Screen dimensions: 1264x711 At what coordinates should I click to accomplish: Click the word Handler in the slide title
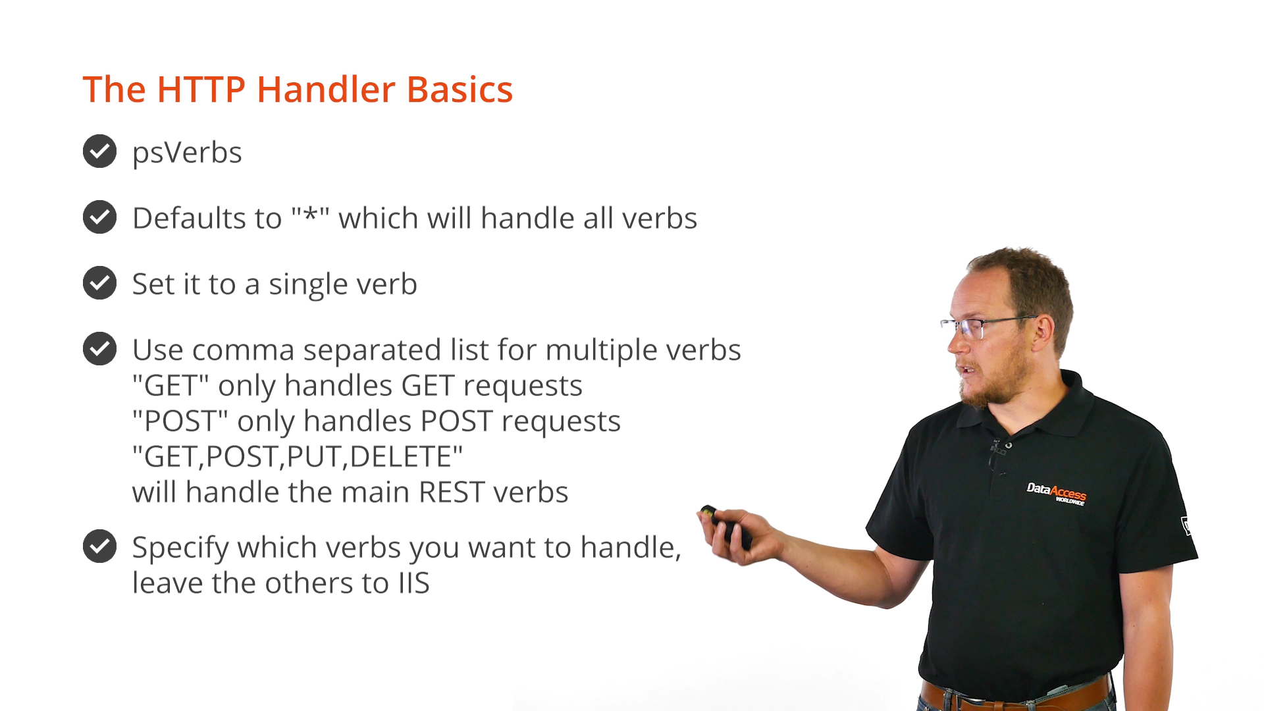click(x=326, y=90)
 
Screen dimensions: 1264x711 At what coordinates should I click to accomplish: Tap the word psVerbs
click(x=187, y=153)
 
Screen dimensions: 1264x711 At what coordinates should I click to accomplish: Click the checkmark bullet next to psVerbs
click(x=100, y=151)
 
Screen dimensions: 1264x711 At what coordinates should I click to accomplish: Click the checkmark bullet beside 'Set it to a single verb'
click(x=100, y=283)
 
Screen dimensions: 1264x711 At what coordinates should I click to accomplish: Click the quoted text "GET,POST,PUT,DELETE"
click(x=298, y=457)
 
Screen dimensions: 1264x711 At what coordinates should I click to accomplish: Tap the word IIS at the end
click(x=413, y=583)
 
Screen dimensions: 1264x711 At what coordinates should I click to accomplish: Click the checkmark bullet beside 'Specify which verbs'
click(x=100, y=546)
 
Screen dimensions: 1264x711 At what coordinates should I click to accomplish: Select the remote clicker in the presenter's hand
click(x=726, y=527)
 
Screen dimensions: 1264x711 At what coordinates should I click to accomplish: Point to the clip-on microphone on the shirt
click(x=999, y=449)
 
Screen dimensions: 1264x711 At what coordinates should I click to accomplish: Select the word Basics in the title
click(x=460, y=90)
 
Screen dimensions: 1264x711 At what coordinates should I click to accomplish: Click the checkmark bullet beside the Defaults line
click(x=100, y=217)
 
